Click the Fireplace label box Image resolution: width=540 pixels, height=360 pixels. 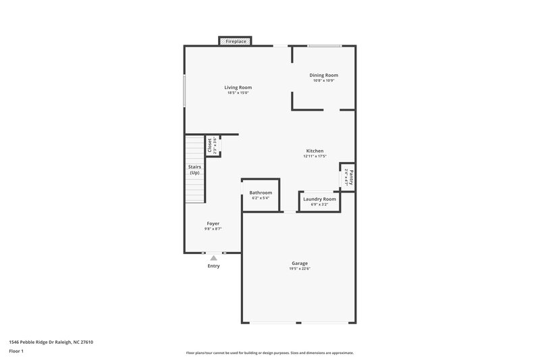pos(236,41)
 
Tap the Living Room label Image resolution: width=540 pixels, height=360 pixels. pos(238,87)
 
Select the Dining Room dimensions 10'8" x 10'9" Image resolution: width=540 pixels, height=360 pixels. pos(323,80)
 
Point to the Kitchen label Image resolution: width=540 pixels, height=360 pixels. pos(315,151)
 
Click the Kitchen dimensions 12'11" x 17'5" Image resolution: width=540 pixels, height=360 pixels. pos(315,157)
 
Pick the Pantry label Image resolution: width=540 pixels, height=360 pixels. pos(352,177)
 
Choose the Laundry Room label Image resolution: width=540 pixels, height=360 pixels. pos(319,199)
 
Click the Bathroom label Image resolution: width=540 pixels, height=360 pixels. pos(260,192)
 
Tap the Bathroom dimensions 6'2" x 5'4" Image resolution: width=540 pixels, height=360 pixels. pos(260,199)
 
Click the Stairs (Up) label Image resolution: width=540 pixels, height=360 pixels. pos(194,170)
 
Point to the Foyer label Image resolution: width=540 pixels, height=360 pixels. pos(213,223)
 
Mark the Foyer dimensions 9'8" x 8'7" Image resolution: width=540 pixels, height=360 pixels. pos(213,229)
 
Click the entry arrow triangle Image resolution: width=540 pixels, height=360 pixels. pos(213,257)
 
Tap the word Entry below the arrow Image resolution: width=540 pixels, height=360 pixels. pos(213,266)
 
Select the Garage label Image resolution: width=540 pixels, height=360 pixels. pos(300,263)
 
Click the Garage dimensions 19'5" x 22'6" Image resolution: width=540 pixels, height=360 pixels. pos(300,269)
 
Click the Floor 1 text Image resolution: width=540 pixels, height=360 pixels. pos(16,351)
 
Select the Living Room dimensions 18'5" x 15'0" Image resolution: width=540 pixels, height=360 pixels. pos(238,93)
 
